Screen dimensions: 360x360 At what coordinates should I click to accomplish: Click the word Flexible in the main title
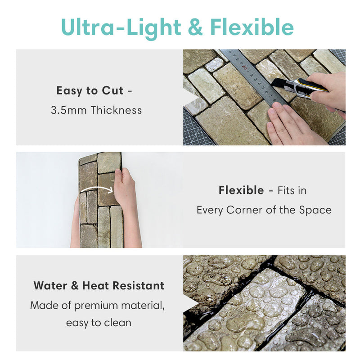pyautogui.click(x=252, y=27)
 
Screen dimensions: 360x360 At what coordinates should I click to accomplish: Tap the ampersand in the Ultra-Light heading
pyautogui.click(x=195, y=27)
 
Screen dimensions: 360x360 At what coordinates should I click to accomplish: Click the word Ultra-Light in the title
pyautogui.click(x=121, y=28)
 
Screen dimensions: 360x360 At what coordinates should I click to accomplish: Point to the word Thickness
pyautogui.click(x=116, y=110)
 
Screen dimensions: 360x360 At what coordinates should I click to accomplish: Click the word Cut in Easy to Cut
pyautogui.click(x=112, y=90)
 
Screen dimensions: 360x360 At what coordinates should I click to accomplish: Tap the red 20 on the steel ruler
pyautogui.click(x=244, y=68)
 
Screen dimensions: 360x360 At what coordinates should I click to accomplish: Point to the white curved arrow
pyautogui.click(x=97, y=189)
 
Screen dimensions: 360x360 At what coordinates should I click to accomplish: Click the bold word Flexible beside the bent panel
pyautogui.click(x=241, y=190)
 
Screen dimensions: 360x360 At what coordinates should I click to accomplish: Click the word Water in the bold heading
pyautogui.click(x=50, y=286)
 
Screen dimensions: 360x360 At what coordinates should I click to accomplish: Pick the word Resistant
pyautogui.click(x=138, y=286)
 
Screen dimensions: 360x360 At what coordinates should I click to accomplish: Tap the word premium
pyautogui.click(x=96, y=306)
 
